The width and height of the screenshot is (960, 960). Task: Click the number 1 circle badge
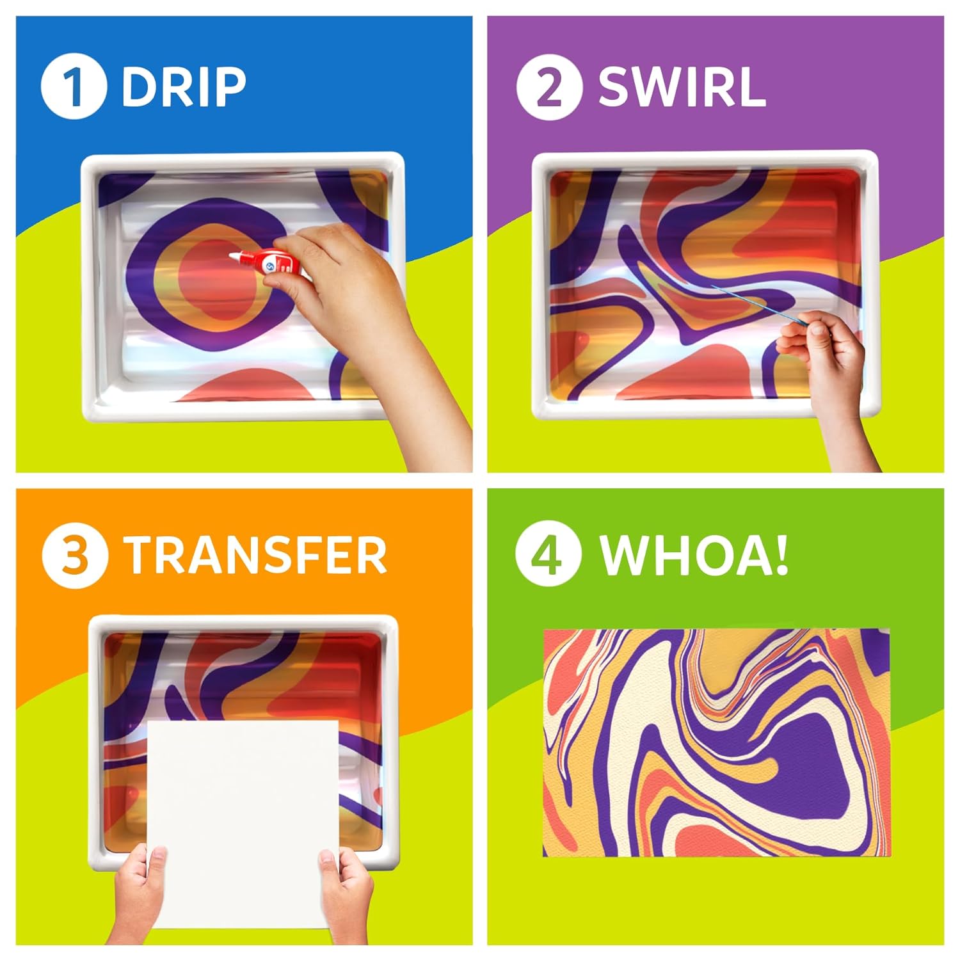[73, 87]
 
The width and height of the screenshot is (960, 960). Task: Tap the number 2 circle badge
[548, 88]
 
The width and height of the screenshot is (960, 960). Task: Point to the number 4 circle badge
[548, 555]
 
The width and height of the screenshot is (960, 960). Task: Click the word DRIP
[184, 87]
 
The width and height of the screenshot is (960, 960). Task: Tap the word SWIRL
[682, 88]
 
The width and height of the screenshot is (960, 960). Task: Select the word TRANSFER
[255, 555]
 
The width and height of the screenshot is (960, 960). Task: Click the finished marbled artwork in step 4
[716, 742]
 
